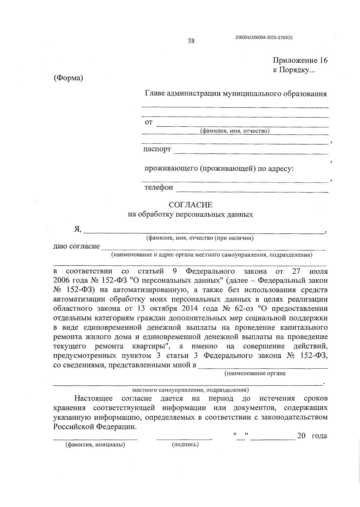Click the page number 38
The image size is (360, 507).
coord(191,41)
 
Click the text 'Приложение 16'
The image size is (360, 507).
coord(300,60)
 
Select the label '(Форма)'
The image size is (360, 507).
coord(68,78)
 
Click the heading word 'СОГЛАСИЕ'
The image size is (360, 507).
coord(190,205)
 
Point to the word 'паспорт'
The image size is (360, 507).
coord(157,149)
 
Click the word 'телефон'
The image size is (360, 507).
coord(159,187)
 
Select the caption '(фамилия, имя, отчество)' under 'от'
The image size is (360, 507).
coord(235,131)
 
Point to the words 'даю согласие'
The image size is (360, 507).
coord(76,246)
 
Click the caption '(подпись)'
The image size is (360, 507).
coord(185,444)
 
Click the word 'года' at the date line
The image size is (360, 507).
coord(319,436)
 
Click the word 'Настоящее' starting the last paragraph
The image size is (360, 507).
coord(94,398)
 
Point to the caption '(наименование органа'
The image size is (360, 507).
coord(255,373)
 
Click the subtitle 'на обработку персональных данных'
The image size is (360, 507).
coord(190,215)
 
